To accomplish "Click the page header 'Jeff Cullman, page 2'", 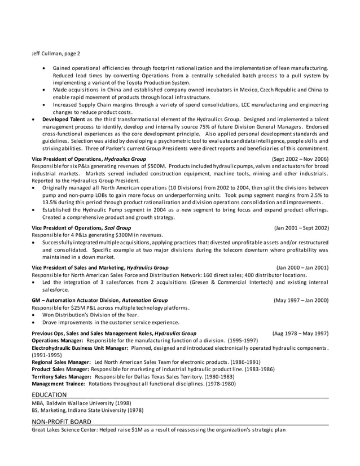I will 56,54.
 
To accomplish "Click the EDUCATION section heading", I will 49,395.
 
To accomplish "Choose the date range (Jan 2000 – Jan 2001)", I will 302,267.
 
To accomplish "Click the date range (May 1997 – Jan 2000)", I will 301,300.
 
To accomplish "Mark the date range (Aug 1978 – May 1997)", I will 300,333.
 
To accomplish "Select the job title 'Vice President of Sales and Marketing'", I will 77,267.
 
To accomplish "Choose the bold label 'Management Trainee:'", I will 59,384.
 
